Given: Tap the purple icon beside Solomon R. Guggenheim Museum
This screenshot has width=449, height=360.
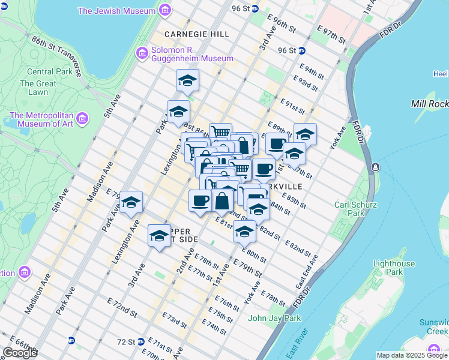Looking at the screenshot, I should pyautogui.click(x=143, y=53).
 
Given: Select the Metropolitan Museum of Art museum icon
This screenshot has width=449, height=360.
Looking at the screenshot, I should pyautogui.click(x=82, y=118).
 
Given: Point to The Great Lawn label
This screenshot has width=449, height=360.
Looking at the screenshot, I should pyautogui.click(x=38, y=88).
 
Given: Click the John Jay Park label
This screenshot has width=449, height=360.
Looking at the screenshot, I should pyautogui.click(x=274, y=318).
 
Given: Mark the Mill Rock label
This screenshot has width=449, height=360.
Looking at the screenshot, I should pyautogui.click(x=429, y=104).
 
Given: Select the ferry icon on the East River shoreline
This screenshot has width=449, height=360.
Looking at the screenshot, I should pyautogui.click(x=375, y=166).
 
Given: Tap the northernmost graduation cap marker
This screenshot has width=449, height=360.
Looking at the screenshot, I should pyautogui.click(x=187, y=81).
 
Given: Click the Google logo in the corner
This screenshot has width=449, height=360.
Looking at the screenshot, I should pyautogui.click(x=20, y=353).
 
